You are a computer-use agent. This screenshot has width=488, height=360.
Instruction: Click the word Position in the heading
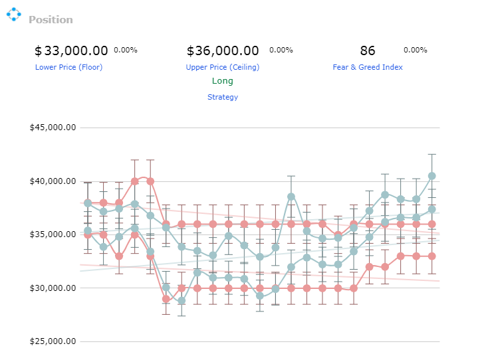click(51, 19)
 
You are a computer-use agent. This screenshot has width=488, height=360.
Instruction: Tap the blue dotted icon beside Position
click(14, 15)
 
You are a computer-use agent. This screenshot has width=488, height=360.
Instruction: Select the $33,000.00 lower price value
click(71, 50)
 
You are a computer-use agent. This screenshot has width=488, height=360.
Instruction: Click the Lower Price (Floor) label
click(68, 67)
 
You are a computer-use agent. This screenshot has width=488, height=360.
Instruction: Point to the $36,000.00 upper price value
click(223, 50)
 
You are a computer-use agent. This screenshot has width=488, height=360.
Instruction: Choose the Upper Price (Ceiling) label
click(223, 67)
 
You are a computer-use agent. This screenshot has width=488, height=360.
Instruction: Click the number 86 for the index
click(368, 50)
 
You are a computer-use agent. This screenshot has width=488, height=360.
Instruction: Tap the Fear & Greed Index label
click(368, 67)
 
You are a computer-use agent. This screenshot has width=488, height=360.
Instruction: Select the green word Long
click(223, 81)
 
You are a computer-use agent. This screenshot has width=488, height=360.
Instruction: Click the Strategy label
click(223, 97)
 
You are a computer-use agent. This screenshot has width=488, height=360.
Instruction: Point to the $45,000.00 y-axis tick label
click(53, 128)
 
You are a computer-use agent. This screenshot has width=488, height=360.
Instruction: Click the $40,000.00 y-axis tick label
click(53, 181)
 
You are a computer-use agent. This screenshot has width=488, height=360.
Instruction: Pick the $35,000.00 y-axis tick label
click(53, 234)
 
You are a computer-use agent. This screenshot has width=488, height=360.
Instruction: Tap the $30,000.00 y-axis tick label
click(53, 288)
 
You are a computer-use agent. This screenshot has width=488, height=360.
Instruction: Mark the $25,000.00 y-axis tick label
click(53, 341)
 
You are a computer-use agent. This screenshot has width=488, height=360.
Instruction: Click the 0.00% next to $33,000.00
click(126, 50)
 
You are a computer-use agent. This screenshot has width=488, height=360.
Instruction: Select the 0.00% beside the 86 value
click(415, 50)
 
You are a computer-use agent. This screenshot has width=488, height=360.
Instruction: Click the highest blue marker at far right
click(431, 176)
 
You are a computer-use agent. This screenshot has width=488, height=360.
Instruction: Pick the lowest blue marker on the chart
click(182, 301)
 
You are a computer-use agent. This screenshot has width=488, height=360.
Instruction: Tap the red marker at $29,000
click(166, 299)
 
